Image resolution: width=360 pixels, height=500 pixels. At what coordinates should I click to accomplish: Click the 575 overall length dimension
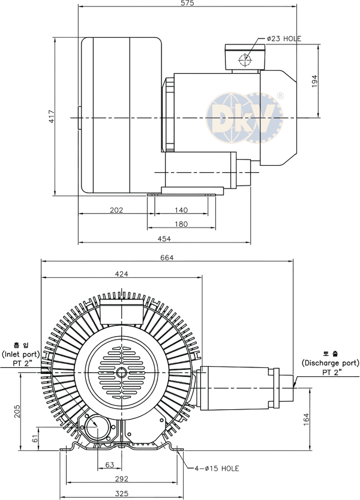(x=187, y=3)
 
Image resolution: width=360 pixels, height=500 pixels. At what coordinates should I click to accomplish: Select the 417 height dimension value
(x=52, y=116)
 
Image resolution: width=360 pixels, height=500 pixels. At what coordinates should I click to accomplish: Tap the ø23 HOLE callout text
(x=284, y=39)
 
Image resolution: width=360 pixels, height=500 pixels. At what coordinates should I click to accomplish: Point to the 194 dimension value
(x=314, y=81)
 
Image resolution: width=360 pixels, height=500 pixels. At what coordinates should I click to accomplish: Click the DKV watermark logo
(x=245, y=118)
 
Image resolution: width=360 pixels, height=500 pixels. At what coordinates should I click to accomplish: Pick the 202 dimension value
(x=116, y=210)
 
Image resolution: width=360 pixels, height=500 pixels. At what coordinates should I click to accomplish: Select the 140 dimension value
(x=181, y=210)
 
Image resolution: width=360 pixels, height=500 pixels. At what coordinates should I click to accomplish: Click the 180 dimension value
(x=181, y=224)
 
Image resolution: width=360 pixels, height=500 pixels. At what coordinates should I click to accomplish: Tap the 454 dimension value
(x=164, y=238)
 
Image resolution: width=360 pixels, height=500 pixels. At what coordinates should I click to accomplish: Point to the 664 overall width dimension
(x=167, y=258)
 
